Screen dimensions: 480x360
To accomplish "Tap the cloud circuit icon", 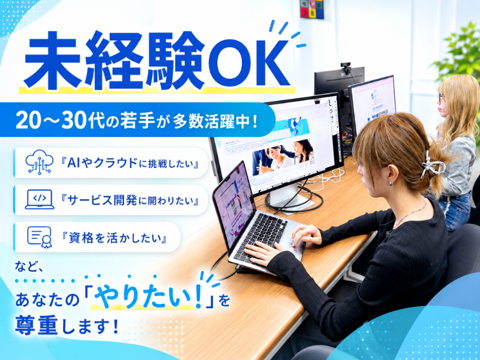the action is click(39, 162).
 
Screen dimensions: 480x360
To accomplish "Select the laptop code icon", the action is click(40, 200).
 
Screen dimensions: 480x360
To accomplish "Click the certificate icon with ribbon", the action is click(40, 237).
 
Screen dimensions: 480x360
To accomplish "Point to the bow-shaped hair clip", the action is click(432, 166).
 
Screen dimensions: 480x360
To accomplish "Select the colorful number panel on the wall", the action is click(311, 9).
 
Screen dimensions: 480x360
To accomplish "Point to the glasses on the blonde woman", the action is click(442, 97).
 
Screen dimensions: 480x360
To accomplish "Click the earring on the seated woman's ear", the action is click(391, 184).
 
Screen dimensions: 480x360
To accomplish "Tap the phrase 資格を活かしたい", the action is click(114, 238).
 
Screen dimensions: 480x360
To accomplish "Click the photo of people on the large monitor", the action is click(283, 157).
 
